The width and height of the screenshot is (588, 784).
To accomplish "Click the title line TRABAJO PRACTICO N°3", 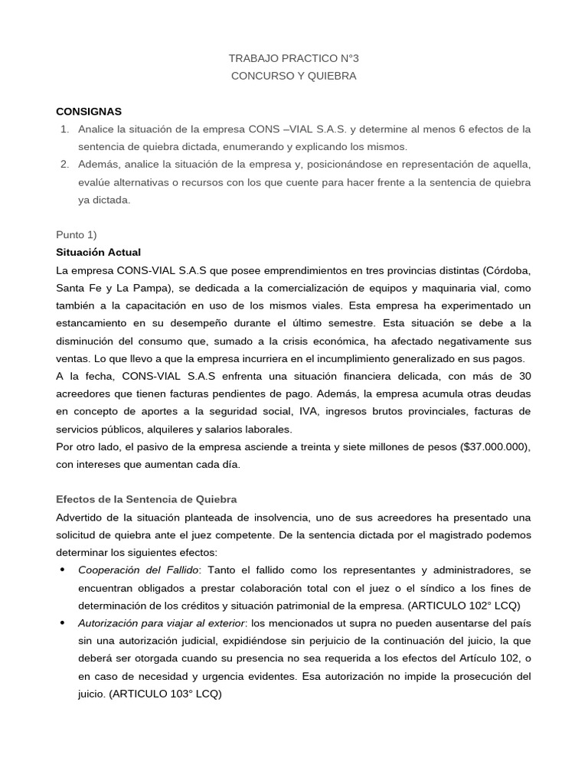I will click(x=293, y=58).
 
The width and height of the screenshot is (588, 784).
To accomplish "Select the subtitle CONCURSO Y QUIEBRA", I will click(x=293, y=76).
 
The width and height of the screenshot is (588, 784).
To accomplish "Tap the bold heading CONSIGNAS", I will click(x=89, y=111).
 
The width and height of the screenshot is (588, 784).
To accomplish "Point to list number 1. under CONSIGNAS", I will click(x=65, y=129).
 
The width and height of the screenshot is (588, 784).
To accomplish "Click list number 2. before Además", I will click(x=65, y=164).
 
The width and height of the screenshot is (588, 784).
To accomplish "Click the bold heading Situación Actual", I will click(x=98, y=252).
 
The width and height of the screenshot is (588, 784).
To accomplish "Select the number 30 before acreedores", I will click(x=524, y=376).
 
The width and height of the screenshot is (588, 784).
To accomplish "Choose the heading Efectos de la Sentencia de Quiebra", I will click(x=146, y=499).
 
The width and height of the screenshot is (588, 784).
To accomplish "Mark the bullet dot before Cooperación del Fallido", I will click(x=61, y=570).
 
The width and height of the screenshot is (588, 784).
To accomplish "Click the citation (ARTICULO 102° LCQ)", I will click(x=465, y=606).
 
